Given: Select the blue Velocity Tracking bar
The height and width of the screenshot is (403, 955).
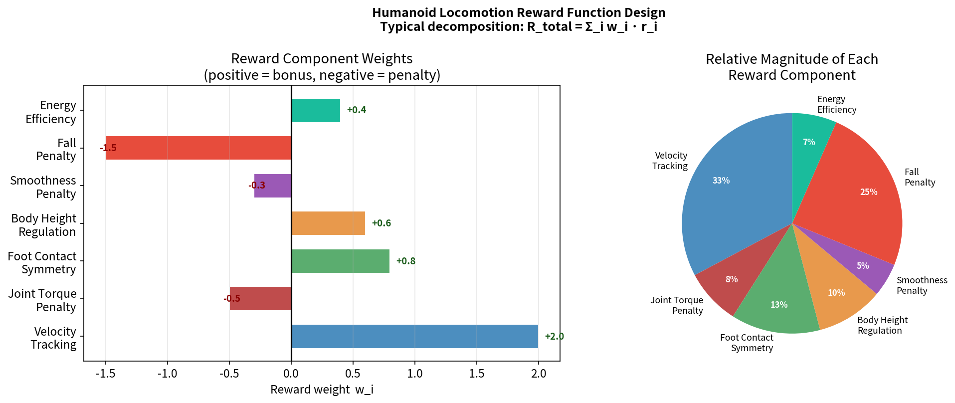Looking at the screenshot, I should [414, 337].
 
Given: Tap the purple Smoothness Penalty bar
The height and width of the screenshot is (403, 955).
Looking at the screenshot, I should [273, 186].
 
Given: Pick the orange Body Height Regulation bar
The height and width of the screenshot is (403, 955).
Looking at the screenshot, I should [328, 223].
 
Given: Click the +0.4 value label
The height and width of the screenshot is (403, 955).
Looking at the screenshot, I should [356, 110].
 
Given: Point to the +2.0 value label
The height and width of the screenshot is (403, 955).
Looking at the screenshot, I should [554, 337].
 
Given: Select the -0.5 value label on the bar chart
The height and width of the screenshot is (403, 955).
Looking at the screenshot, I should [232, 299].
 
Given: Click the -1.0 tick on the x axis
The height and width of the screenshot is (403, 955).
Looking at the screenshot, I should [167, 374].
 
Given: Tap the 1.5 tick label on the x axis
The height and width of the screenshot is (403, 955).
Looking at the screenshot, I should [476, 374].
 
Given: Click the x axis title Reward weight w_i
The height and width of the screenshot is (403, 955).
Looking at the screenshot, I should [322, 390].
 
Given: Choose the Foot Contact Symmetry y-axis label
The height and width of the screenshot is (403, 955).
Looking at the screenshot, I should [42, 263].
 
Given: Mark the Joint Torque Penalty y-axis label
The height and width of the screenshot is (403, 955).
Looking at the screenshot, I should [42, 301].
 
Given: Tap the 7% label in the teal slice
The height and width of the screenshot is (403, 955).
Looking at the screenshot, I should [809, 142].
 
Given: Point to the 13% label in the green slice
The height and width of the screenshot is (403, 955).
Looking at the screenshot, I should [778, 305].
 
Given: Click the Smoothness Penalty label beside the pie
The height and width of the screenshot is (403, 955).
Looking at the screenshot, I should [921, 285].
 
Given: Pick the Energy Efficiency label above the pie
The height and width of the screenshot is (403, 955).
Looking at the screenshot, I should [836, 105].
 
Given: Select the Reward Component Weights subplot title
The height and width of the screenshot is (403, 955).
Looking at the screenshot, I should [322, 59].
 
